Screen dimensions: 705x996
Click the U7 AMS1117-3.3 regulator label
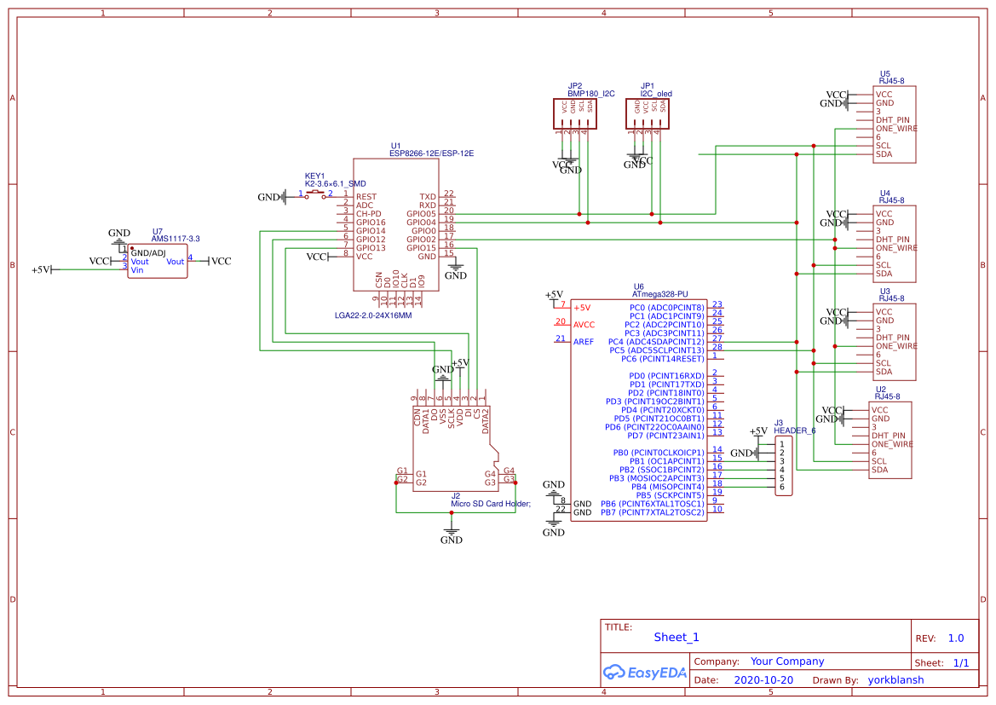175,235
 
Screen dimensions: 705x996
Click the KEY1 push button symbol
314,195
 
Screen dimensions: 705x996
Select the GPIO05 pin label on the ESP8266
421,214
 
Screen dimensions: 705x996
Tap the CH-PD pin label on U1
369,214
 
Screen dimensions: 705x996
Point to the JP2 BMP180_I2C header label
590,90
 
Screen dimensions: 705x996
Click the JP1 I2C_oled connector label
655,90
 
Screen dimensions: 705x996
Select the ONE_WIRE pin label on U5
896,129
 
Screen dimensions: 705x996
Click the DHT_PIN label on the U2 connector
888,436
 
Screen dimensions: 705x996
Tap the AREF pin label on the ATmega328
584,342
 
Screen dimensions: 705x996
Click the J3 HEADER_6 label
794,427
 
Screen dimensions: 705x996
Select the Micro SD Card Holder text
490,504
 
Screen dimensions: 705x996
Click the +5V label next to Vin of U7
40,270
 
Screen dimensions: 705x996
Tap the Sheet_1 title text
676,637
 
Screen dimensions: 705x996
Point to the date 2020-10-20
763,680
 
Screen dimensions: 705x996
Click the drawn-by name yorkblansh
895,680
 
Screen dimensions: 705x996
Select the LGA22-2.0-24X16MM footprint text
373,315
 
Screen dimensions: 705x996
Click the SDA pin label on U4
884,274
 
